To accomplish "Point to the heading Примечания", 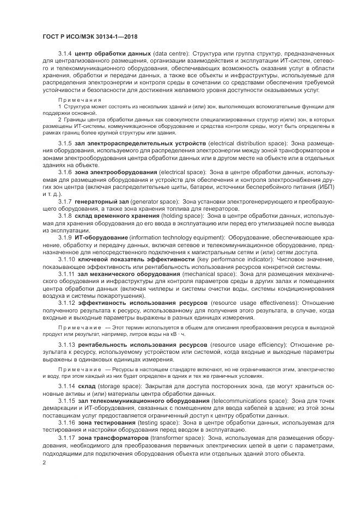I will coord(80,100).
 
